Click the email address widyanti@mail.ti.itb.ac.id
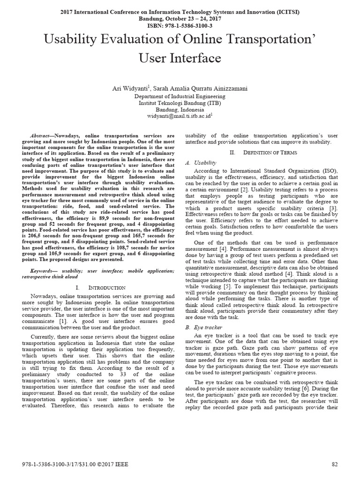pos(179,114)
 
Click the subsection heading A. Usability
pos(201,163)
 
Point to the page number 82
pos(335,464)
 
